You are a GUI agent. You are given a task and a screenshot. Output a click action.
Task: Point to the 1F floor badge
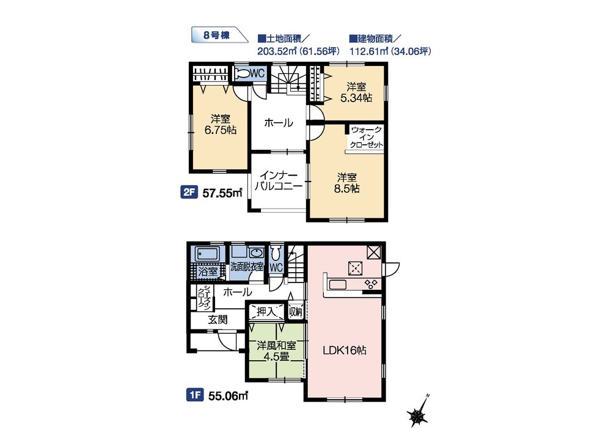(x=195, y=396)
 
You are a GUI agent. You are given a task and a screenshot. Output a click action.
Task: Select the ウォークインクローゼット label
(x=366, y=137)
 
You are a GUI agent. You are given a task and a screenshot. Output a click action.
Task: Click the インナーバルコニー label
(x=279, y=180)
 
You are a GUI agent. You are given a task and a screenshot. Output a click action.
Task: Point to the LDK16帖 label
(x=345, y=350)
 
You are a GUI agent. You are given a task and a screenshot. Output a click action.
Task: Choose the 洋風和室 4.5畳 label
(x=276, y=351)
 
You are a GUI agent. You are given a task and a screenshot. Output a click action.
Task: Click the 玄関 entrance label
(x=218, y=320)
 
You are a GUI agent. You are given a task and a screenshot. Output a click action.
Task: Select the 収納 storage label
(x=296, y=311)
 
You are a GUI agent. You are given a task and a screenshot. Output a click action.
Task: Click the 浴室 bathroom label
(x=208, y=271)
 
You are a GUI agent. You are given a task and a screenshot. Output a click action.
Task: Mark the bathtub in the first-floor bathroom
(x=207, y=254)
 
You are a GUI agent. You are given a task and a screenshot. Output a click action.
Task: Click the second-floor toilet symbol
(x=243, y=73)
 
